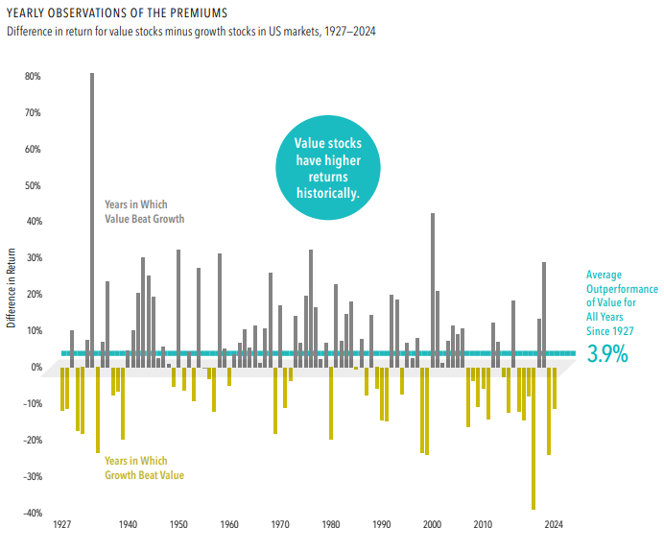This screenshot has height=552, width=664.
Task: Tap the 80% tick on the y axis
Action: (33, 77)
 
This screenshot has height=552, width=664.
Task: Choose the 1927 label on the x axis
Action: (62, 526)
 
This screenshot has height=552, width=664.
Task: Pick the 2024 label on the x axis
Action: (554, 526)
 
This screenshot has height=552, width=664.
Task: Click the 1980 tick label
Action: (331, 526)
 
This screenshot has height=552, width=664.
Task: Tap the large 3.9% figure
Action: (606, 354)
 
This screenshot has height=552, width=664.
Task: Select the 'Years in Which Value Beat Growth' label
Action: (144, 211)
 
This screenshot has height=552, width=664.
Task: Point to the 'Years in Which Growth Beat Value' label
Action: (144, 468)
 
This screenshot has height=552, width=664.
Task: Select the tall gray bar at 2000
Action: (433, 288)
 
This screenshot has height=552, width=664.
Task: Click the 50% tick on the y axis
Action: (33, 186)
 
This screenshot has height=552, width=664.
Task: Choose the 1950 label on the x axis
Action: (178, 526)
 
